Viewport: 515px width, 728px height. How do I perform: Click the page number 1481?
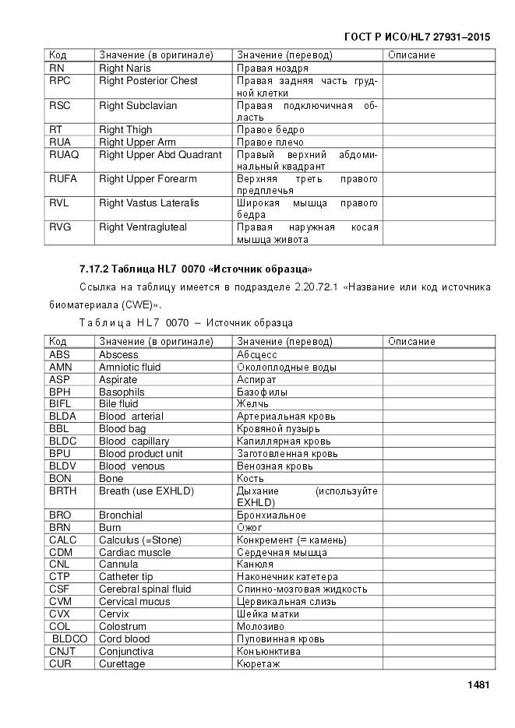click(478, 685)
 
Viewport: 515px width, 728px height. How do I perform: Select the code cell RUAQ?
click(64, 154)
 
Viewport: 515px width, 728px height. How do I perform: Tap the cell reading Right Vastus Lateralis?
click(149, 202)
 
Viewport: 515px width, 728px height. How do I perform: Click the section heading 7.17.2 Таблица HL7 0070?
click(196, 269)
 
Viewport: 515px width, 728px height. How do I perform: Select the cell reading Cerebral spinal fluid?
click(145, 589)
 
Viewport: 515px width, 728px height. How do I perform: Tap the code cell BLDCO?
click(69, 638)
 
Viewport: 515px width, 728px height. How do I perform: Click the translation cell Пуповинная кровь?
click(280, 638)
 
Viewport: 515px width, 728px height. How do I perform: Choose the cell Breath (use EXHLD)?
click(146, 491)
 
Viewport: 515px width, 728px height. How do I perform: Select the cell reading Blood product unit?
click(141, 453)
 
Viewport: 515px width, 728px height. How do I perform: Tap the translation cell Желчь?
click(252, 404)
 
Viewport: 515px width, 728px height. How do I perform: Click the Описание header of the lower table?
click(411, 341)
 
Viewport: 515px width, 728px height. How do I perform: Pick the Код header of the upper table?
click(58, 55)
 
